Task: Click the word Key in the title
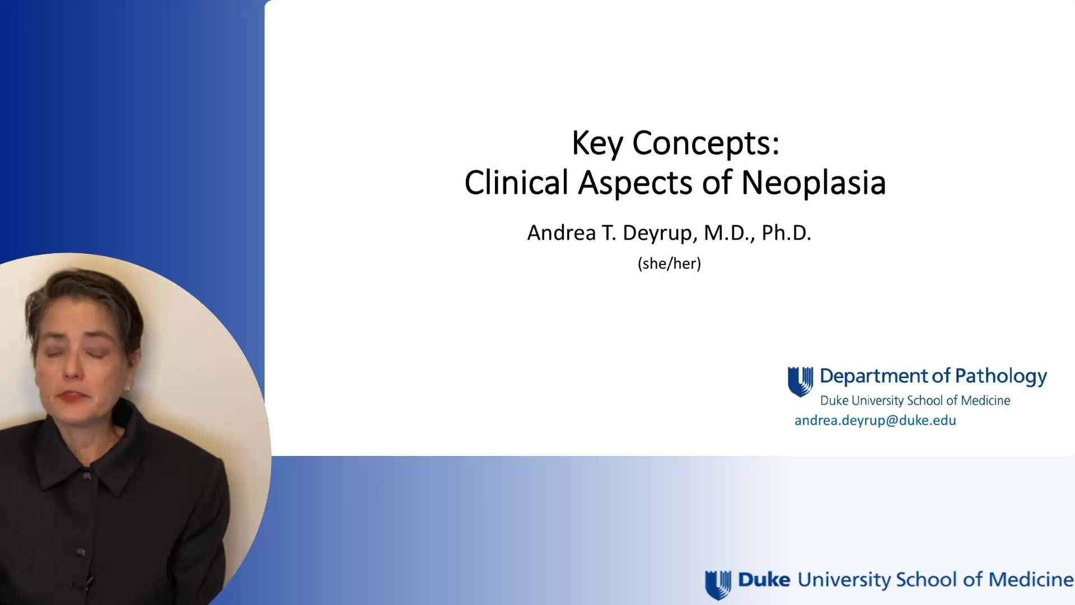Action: [x=597, y=143]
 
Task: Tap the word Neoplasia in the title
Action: [x=813, y=183]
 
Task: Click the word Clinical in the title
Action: [x=516, y=183]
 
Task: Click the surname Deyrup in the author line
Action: [x=660, y=233]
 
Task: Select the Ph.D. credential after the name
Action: [x=786, y=233]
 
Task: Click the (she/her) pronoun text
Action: [x=669, y=263]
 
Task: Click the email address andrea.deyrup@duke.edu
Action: [x=875, y=421]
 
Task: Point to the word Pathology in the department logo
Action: [x=1001, y=376]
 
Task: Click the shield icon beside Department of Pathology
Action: [x=800, y=381]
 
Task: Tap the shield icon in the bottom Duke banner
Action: [x=718, y=584]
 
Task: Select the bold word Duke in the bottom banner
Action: [x=764, y=580]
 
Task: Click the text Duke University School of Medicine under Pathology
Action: [x=915, y=401]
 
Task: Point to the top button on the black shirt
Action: [x=87, y=476]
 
